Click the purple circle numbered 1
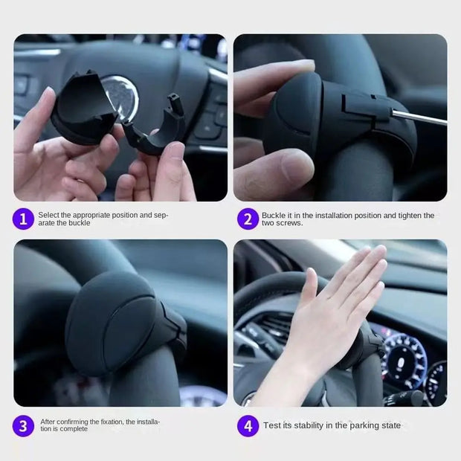pyautogui.click(x=24, y=219)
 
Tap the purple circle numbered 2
pyautogui.click(x=248, y=219)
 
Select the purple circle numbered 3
pyautogui.click(x=24, y=425)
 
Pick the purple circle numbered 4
pyautogui.click(x=248, y=425)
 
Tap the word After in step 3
pyautogui.click(x=48, y=422)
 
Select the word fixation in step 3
pyautogui.click(x=109, y=422)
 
